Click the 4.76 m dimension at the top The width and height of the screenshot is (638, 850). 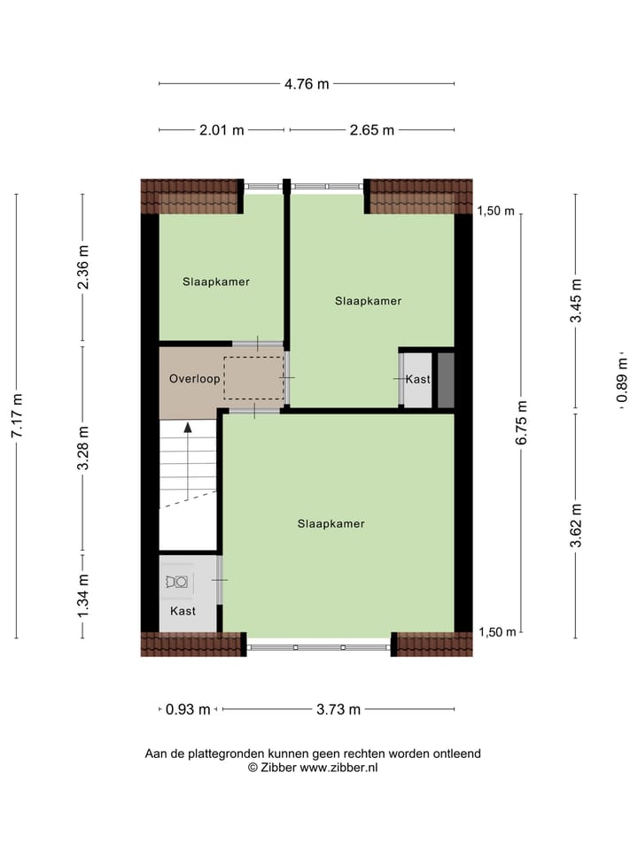pyautogui.click(x=307, y=84)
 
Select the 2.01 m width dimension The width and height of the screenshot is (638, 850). pyautogui.click(x=222, y=130)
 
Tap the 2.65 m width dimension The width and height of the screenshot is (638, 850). pyautogui.click(x=370, y=130)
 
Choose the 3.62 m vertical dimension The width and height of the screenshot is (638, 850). pyautogui.click(x=576, y=526)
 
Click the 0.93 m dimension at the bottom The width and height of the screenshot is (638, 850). pyautogui.click(x=188, y=709)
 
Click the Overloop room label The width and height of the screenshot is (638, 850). pyautogui.click(x=194, y=378)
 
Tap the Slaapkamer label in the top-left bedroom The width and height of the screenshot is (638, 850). pyautogui.click(x=216, y=282)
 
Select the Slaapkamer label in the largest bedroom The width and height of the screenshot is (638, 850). pyautogui.click(x=331, y=523)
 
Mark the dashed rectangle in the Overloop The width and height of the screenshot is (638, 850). pyautogui.click(x=253, y=378)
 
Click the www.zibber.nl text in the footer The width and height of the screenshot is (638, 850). pyautogui.click(x=338, y=768)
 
